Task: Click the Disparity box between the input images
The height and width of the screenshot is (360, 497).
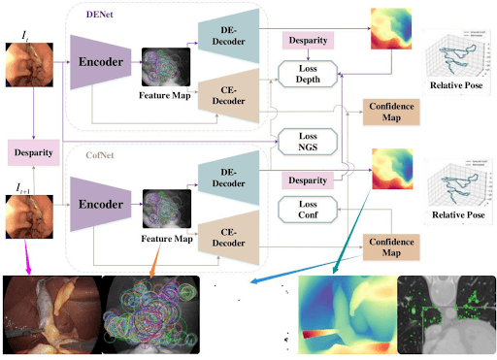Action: [x=34, y=152]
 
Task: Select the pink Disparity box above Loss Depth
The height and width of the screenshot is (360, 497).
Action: [x=307, y=40]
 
